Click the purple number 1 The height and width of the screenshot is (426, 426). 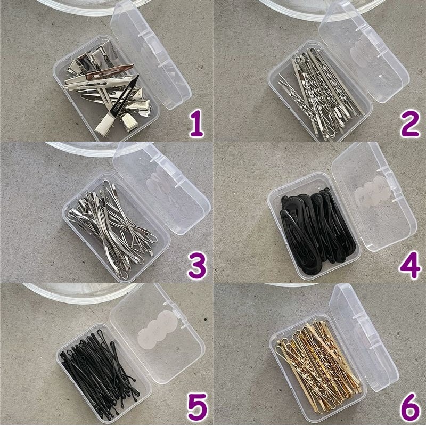[x=196, y=123]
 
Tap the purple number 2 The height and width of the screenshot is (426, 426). [x=410, y=123]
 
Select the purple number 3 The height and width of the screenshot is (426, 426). [x=198, y=265]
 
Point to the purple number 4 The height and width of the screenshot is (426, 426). [x=410, y=265]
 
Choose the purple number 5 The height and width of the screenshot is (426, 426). [x=198, y=407]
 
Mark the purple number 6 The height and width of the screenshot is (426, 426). [x=410, y=407]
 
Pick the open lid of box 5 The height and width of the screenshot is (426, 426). [x=158, y=334]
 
